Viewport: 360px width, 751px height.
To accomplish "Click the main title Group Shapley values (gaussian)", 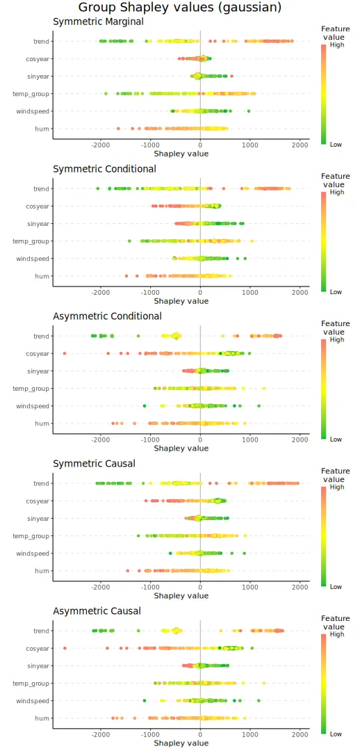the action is tap(180, 8).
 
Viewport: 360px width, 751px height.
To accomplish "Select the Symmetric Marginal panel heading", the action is tap(98, 22).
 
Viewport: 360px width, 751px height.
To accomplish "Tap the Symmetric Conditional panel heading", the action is tap(104, 169).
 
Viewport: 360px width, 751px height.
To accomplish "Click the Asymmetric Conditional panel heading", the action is tap(107, 316).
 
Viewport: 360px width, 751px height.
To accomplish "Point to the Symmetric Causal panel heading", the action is tap(94, 464).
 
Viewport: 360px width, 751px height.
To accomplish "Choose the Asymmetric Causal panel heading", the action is tap(97, 611).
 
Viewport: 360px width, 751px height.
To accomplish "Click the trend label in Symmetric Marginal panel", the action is tap(41, 41).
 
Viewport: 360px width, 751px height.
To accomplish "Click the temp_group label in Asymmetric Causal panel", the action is tap(31, 684).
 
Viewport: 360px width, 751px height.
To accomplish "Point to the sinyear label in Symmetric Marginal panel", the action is tap(38, 76).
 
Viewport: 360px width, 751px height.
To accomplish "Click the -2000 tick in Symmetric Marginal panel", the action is tap(101, 145).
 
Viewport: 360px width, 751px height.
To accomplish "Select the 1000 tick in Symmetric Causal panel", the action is tap(250, 587).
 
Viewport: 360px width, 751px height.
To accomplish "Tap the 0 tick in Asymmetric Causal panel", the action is tap(200, 734).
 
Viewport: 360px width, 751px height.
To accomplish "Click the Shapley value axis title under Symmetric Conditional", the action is tap(181, 301).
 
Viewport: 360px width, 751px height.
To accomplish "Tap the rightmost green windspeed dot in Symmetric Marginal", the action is tap(249, 111).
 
